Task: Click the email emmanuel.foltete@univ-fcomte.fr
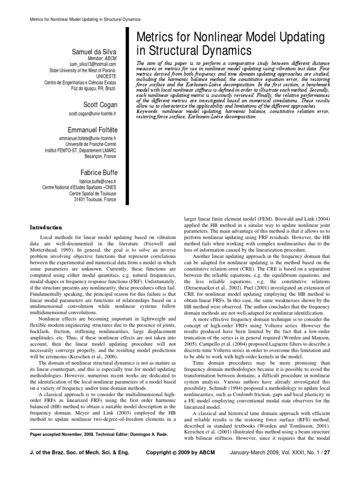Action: point(88,139)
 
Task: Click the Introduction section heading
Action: point(46,227)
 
